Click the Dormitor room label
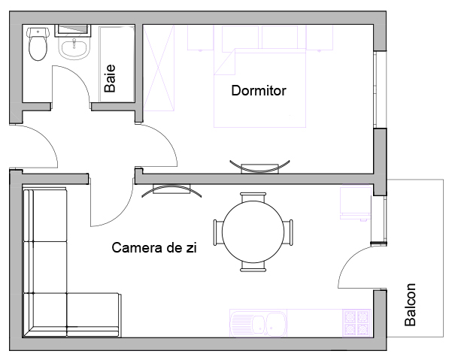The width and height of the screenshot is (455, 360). tap(259, 90)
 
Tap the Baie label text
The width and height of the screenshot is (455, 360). tap(110, 78)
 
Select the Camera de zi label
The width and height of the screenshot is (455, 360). tap(154, 248)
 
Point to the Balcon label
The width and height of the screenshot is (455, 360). tap(411, 304)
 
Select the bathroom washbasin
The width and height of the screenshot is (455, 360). tap(74, 48)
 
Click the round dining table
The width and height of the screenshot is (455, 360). tap(253, 231)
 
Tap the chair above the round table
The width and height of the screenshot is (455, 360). tap(253, 197)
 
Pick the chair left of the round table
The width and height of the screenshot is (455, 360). tap(218, 233)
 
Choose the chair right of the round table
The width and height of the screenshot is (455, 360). tap(288, 233)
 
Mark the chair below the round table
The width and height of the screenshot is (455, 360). tap(253, 267)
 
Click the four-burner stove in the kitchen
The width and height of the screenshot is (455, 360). tap(357, 323)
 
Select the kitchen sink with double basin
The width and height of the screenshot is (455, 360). tap(258, 323)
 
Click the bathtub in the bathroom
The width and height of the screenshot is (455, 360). tap(117, 64)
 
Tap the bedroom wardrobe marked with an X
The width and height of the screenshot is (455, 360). tap(159, 68)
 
